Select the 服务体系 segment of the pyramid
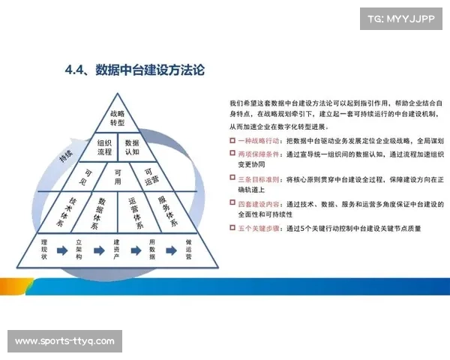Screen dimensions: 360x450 pos(166,212)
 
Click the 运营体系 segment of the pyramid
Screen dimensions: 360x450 pos(135,212)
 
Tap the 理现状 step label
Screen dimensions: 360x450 pos(45,250)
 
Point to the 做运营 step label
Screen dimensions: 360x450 pos(189,250)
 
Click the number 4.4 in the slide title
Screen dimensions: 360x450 pos(76,70)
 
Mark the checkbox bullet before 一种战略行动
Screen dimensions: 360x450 pos(232,140)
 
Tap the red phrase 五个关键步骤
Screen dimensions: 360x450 pos(259,227)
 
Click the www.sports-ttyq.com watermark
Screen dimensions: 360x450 pos(64,342)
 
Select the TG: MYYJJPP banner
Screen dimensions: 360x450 pos(401,19)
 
